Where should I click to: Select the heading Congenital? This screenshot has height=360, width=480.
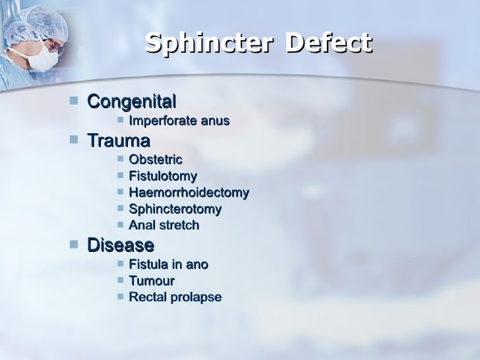pos(132,102)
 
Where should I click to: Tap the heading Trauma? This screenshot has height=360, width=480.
pos(119,141)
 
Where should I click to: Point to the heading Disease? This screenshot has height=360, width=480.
pos(121,245)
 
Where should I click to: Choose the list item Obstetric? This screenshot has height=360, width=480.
pos(156,160)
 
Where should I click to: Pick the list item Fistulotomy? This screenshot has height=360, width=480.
pos(163,176)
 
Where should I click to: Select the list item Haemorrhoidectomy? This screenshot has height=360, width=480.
pos(189,193)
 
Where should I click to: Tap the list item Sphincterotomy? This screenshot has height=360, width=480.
pos(175,209)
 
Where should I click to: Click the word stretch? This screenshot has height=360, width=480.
pos(177,225)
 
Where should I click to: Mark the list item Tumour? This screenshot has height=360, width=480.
pos(152,281)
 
